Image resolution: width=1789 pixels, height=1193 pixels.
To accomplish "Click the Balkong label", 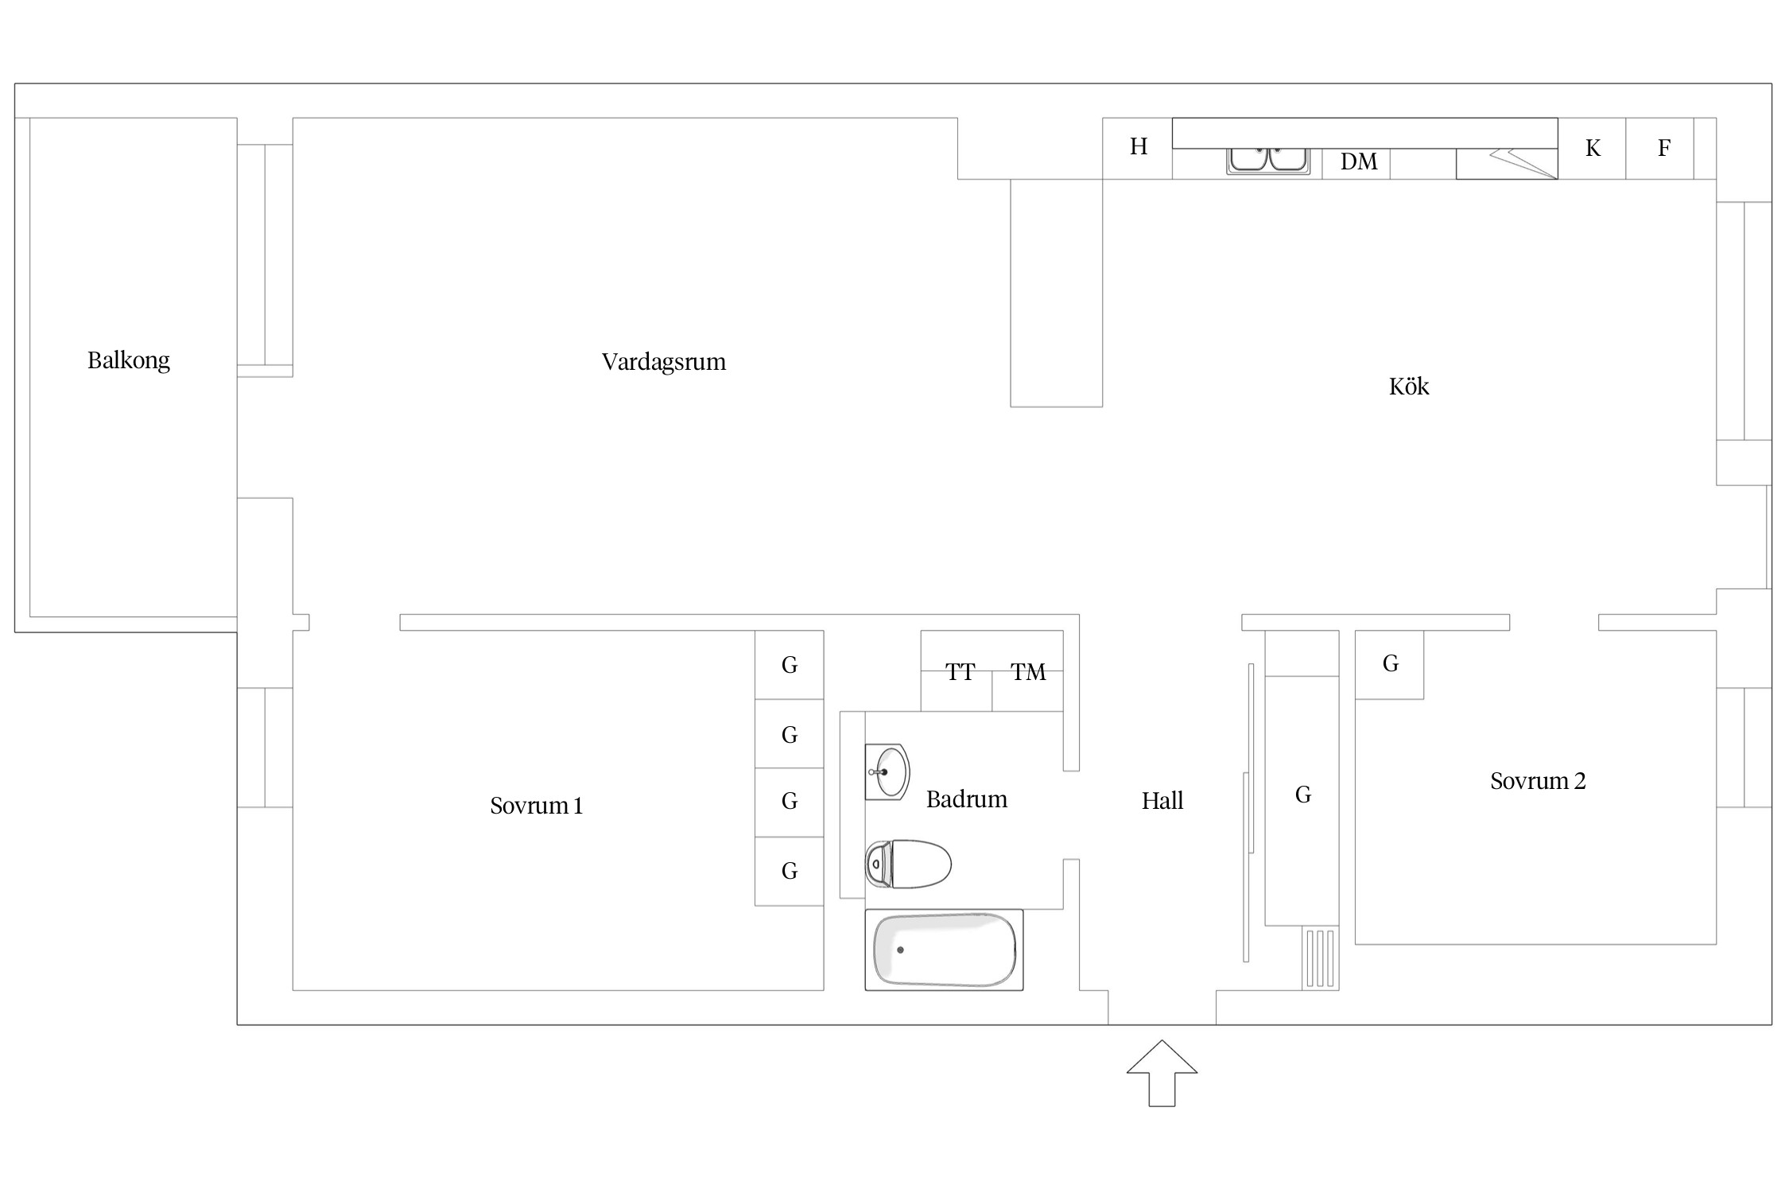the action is pyautogui.click(x=128, y=361).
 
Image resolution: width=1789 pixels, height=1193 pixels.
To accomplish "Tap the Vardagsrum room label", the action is pyautogui.click(x=664, y=363).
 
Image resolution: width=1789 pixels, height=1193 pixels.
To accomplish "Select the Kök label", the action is pyautogui.click(x=1409, y=387).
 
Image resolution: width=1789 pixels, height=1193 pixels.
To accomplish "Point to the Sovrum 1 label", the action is pyautogui.click(x=537, y=806).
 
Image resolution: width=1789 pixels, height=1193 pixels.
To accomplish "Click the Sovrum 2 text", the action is pyautogui.click(x=1538, y=781).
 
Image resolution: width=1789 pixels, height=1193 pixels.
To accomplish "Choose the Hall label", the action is pyautogui.click(x=1162, y=801).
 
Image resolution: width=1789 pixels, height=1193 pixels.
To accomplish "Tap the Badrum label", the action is pyautogui.click(x=967, y=799).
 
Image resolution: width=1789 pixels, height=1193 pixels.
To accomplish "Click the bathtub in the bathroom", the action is pyautogui.click(x=944, y=950).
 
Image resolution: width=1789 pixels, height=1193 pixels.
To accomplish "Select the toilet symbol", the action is pyautogui.click(x=908, y=864).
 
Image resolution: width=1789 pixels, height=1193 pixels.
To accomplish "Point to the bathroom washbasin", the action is pyautogui.click(x=887, y=771).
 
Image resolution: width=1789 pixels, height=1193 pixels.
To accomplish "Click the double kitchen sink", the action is pyautogui.click(x=1268, y=160).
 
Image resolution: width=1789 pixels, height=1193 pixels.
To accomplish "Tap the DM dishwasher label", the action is pyautogui.click(x=1359, y=162).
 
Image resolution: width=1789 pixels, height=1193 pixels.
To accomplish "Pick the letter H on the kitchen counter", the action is pyautogui.click(x=1139, y=146).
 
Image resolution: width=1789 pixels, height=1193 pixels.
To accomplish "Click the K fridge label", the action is pyautogui.click(x=1593, y=148).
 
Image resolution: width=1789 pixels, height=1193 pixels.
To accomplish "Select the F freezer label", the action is pyautogui.click(x=1663, y=148).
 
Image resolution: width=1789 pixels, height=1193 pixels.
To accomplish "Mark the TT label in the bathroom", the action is pyautogui.click(x=960, y=673).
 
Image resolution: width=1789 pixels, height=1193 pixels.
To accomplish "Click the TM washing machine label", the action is pyautogui.click(x=1028, y=673).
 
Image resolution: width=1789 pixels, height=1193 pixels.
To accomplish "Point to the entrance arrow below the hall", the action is pyautogui.click(x=1162, y=1073).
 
